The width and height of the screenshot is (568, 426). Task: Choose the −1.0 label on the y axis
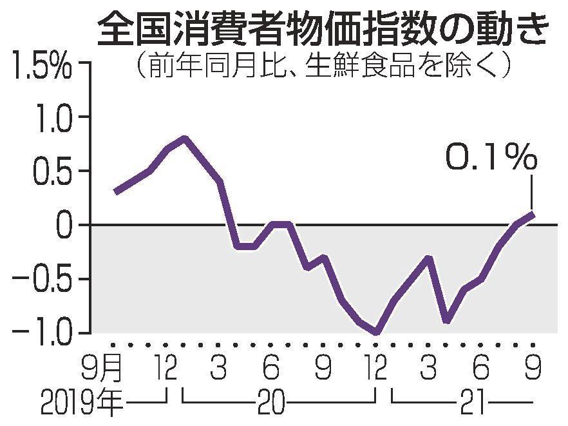44,334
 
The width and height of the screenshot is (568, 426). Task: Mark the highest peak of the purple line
184,138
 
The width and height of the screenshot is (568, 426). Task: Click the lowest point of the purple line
376,333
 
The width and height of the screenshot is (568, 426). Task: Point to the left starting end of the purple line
115,192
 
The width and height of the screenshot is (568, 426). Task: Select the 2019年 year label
80,404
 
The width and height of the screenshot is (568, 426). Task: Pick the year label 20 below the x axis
271,404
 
